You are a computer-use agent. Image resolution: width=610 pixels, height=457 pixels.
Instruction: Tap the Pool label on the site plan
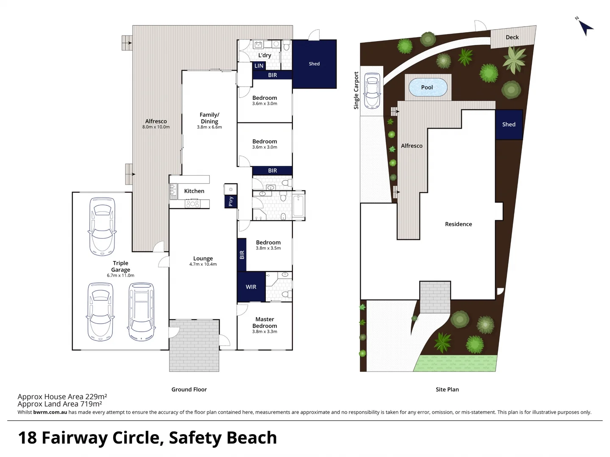click(427, 87)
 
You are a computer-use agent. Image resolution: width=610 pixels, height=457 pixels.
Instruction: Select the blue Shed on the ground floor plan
click(314, 64)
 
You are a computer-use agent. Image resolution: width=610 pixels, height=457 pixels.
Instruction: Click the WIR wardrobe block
click(251, 287)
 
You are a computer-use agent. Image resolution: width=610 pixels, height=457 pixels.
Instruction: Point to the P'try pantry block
click(231, 201)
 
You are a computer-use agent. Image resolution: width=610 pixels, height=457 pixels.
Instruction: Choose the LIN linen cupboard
click(259, 66)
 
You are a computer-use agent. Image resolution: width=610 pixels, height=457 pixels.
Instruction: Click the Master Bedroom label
click(265, 322)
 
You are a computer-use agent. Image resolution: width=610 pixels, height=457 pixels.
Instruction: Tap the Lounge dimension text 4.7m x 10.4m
click(203, 264)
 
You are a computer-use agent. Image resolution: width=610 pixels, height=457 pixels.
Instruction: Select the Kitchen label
click(194, 191)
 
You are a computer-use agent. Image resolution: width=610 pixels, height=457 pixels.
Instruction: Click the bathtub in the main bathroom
click(298, 206)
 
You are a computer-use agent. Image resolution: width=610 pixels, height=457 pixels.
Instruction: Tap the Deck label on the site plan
click(512, 37)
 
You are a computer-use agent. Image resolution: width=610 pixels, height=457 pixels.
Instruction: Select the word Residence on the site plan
click(458, 224)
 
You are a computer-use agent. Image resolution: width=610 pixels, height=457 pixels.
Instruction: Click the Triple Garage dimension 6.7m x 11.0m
click(120, 275)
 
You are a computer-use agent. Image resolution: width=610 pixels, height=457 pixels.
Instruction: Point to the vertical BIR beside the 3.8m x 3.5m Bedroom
click(242, 255)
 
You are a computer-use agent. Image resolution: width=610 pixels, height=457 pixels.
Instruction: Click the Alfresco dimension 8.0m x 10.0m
click(156, 127)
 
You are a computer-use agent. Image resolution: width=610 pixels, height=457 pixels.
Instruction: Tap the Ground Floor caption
click(189, 389)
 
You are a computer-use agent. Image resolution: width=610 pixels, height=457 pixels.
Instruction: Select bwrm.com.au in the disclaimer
click(50, 412)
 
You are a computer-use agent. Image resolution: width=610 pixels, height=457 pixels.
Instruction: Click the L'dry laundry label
click(265, 55)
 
